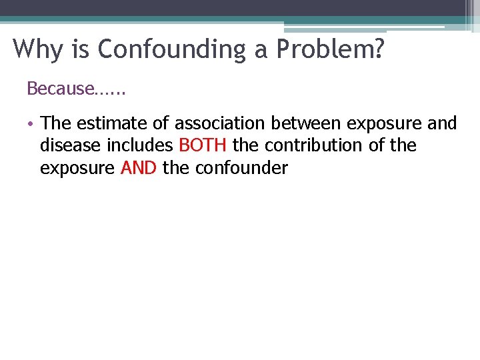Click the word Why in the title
point(34,49)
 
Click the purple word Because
point(59,88)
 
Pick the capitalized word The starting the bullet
point(55,123)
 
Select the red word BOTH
point(203,145)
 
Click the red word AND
point(139,168)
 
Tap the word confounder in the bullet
point(241,168)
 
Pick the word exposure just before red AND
point(77,169)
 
